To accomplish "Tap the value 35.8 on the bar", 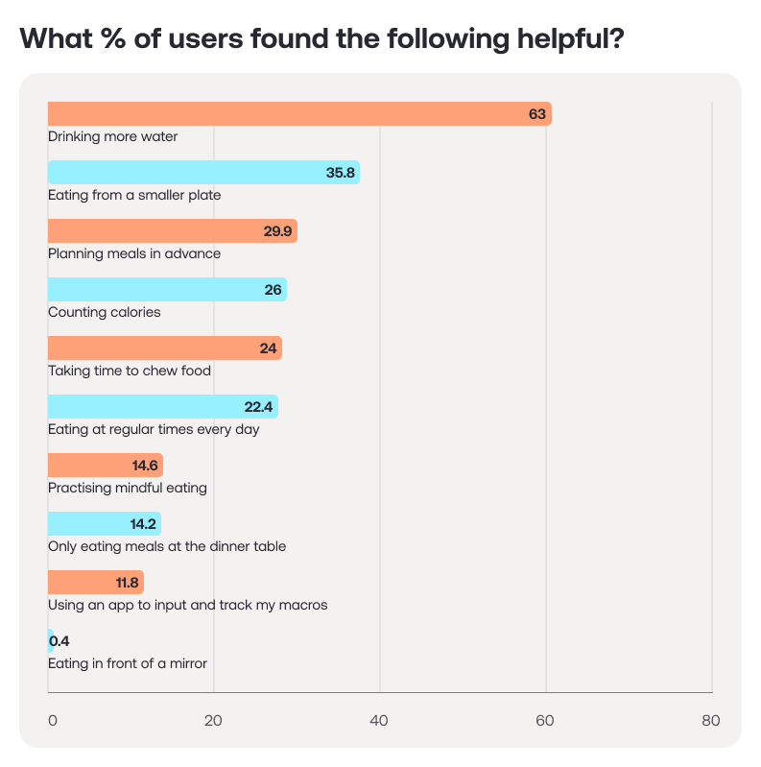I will tap(341, 173).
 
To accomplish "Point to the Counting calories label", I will tap(105, 312).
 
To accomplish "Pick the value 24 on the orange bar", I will tap(268, 348).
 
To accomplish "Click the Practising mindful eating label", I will tap(128, 488).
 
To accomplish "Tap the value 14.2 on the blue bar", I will tap(142, 524).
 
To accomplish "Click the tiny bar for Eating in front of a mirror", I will tap(50, 641).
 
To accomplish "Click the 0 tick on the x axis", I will tap(53, 721).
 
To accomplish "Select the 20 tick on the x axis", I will tap(214, 721).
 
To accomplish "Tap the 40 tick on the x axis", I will tap(380, 721).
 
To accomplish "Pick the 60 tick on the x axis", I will tap(546, 721).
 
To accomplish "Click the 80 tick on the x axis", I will tap(710, 721).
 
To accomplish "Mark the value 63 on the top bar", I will tap(536, 114).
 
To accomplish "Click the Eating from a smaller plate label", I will tap(134, 195).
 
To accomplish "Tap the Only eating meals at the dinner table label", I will tap(167, 546).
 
